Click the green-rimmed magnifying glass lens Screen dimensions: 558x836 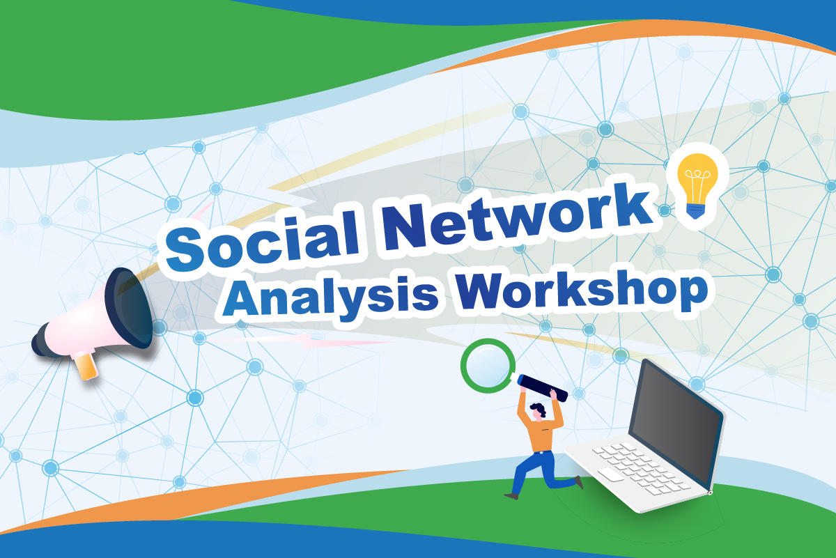488,366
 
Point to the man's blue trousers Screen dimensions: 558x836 536,470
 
